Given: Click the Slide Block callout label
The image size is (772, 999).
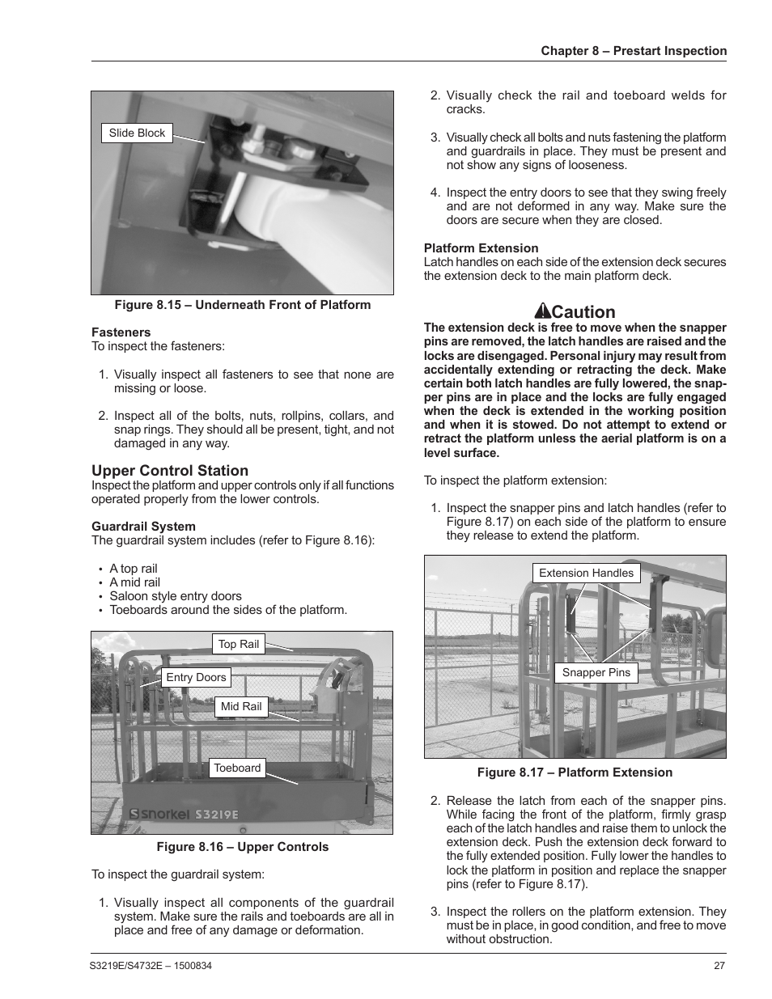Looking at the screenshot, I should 137,133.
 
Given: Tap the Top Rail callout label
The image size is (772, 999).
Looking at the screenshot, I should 239,645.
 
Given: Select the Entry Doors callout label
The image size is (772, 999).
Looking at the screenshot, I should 196,678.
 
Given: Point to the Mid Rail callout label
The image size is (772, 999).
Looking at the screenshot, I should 241,707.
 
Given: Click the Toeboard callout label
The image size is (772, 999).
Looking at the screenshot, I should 237,768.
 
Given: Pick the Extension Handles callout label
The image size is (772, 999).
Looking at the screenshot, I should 586,574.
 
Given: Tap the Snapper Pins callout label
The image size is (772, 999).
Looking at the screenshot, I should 596,673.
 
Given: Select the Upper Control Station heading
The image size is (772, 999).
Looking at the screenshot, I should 170,471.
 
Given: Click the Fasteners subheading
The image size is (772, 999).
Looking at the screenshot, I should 121,332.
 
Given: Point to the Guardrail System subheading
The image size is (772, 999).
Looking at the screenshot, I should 143,527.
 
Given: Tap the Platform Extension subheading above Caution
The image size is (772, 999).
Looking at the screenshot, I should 481,248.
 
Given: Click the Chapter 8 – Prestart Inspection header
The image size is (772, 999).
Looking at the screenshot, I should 634,51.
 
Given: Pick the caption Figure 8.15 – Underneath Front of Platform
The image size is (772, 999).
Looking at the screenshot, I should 242,305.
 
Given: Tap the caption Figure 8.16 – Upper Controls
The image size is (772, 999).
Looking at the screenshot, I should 242,847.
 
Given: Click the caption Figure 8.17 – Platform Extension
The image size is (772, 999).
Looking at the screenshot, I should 575,773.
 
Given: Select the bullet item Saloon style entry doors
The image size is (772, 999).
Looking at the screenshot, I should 176,596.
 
